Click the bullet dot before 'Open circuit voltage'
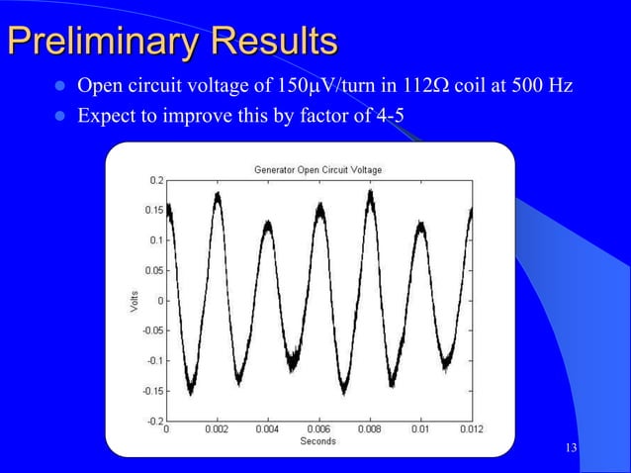click(57, 87)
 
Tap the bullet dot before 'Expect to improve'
click(57, 116)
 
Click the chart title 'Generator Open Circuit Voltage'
click(317, 170)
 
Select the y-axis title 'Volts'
click(134, 302)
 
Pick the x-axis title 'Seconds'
click(317, 441)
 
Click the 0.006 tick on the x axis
click(318, 430)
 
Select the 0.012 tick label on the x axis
click(471, 430)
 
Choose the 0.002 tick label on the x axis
click(217, 430)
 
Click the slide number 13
click(571, 449)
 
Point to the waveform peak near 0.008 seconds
click(370, 194)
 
